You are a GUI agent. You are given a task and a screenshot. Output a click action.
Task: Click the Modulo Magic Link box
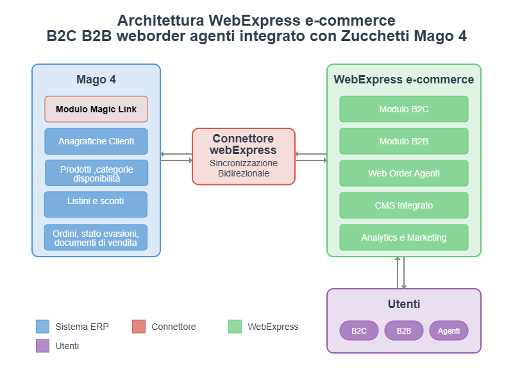pyautogui.click(x=96, y=109)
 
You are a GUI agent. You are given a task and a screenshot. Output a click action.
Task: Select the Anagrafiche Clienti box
pyautogui.click(x=96, y=141)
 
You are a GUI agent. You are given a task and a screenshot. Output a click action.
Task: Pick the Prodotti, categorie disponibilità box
pyautogui.click(x=96, y=173)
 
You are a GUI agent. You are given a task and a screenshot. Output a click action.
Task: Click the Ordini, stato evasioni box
pyautogui.click(x=96, y=237)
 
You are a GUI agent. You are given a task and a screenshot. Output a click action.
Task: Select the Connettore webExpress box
pyautogui.click(x=244, y=157)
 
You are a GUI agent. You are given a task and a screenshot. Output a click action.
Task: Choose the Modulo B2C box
pyautogui.click(x=404, y=109)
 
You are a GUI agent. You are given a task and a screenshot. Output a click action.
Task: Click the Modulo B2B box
pyautogui.click(x=404, y=141)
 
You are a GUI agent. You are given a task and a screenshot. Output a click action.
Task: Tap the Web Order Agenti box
pyautogui.click(x=404, y=173)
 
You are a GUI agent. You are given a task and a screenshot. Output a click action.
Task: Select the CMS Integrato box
pyautogui.click(x=404, y=205)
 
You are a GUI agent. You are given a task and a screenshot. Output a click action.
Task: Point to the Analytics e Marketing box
pyautogui.click(x=404, y=237)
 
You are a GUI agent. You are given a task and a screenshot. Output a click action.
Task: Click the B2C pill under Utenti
pyautogui.click(x=359, y=330)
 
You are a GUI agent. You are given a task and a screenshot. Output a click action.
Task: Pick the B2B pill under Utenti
pyautogui.click(x=404, y=330)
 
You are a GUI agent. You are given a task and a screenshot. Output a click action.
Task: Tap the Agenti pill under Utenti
pyautogui.click(x=449, y=330)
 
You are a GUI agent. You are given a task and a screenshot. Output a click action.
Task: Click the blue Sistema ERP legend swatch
pyautogui.click(x=43, y=327)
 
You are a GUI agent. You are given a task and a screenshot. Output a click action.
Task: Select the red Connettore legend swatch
pyautogui.click(x=139, y=327)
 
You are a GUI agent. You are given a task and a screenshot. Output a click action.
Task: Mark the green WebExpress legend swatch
pyautogui.click(x=235, y=327)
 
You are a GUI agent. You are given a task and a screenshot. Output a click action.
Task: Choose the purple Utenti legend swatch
pyautogui.click(x=43, y=346)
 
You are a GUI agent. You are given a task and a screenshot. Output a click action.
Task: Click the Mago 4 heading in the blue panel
pyautogui.click(x=96, y=80)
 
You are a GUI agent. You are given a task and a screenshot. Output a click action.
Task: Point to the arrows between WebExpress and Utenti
pyautogui.click(x=401, y=273)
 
